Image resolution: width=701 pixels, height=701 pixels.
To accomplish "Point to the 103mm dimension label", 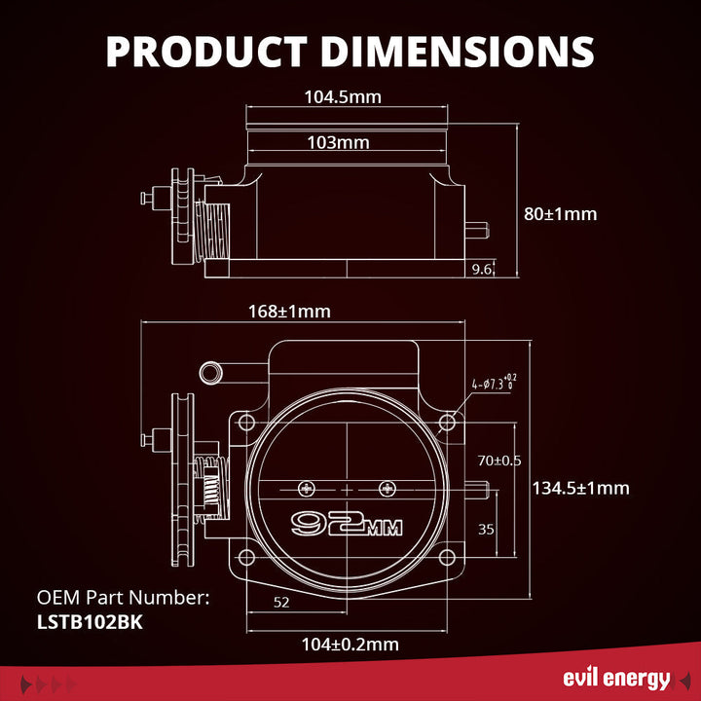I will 338,142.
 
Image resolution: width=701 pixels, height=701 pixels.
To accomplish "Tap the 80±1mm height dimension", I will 560,213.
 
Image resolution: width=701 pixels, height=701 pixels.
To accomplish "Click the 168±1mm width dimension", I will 290,312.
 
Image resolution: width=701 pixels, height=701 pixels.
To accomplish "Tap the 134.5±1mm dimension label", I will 580,488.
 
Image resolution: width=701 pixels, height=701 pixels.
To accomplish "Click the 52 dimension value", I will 281,603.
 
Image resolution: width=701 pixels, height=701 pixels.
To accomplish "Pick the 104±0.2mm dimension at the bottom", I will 351,644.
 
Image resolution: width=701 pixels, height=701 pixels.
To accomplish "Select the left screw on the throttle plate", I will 310,487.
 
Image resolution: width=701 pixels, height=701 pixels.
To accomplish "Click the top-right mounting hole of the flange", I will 447,423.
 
